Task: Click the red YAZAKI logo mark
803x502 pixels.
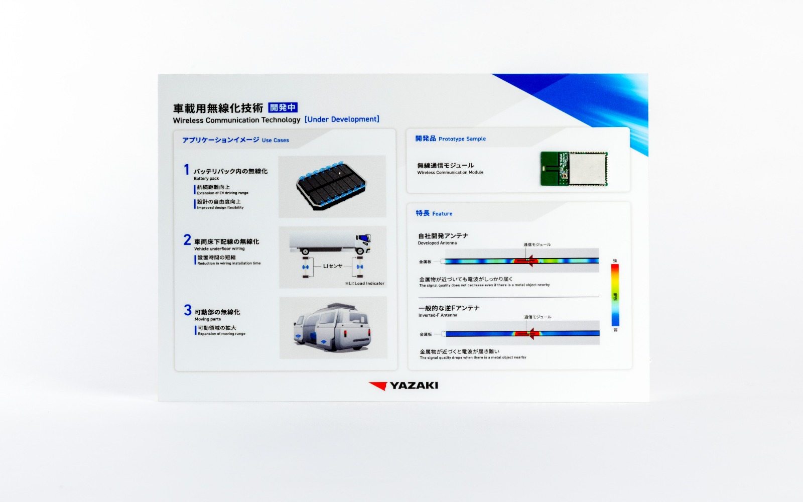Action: pos(378,386)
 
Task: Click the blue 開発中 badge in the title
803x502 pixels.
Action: pos(283,107)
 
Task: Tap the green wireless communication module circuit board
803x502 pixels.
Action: pos(574,168)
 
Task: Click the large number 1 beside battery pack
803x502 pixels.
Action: pos(187,170)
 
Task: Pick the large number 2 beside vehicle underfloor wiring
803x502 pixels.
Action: pos(187,240)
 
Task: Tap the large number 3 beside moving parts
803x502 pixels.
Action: pos(188,310)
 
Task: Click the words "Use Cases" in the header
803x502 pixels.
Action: pos(275,141)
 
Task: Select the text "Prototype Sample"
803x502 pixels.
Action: pos(462,139)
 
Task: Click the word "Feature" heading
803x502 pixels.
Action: pos(442,214)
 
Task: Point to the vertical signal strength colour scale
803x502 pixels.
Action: pos(615,295)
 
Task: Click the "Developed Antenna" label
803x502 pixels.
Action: pos(437,243)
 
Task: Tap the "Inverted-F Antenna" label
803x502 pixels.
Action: pos(438,315)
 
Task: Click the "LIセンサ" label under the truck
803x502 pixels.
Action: pos(332,266)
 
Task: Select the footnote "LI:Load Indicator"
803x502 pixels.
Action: pos(365,284)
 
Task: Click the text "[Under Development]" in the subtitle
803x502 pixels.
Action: pos(342,119)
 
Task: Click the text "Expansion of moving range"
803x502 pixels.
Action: pos(221,334)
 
